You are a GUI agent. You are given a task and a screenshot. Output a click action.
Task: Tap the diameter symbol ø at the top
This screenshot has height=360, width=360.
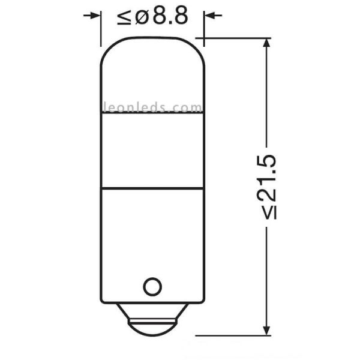[142, 16]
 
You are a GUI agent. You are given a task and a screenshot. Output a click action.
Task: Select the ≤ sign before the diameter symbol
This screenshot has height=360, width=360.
[125, 17]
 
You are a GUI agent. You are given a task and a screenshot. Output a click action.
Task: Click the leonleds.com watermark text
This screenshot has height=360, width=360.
[153, 108]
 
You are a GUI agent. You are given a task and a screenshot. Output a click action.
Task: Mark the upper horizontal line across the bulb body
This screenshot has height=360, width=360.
[153, 113]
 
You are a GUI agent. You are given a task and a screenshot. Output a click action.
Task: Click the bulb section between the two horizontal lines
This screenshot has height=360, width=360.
[153, 150]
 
